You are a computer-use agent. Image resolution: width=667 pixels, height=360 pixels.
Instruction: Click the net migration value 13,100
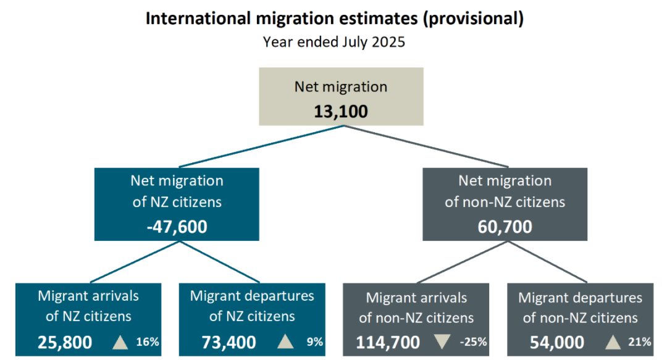pos(340,112)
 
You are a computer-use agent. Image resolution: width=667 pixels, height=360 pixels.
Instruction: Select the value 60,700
pos(505,227)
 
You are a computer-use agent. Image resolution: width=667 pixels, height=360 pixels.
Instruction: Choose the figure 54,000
pos(558,342)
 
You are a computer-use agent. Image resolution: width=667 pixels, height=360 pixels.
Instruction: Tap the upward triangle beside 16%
pos(120,341)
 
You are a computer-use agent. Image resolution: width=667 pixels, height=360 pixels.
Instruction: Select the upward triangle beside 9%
pos(285,341)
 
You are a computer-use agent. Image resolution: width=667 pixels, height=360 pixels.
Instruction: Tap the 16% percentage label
pos(148,341)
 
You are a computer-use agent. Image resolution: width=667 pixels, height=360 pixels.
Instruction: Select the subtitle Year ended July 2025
pos(334,42)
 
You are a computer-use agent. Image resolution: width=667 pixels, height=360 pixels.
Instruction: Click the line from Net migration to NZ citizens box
pos(259,147)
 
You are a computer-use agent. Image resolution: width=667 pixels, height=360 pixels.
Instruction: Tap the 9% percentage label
pos(315,341)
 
